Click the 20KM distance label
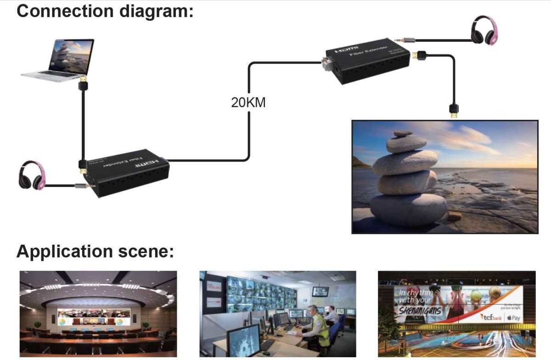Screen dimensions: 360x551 248,102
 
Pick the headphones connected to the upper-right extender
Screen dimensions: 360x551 484,32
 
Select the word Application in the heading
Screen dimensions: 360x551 65,252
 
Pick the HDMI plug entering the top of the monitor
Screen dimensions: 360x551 453,111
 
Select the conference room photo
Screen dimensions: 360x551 98,314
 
